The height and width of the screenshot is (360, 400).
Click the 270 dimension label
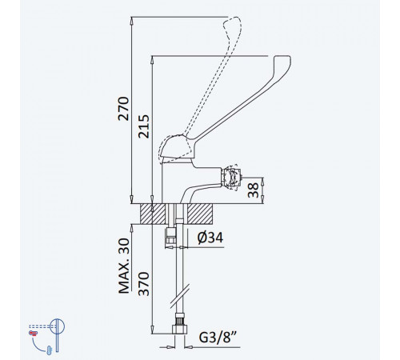point(123,109)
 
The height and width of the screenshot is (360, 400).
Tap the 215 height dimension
point(144,126)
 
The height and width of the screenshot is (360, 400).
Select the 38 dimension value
point(253,190)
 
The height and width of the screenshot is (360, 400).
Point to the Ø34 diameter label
point(210,238)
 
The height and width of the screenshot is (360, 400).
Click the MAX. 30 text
point(124,266)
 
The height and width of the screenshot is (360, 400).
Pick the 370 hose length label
point(144,284)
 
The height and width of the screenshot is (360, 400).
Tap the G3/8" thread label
point(218,338)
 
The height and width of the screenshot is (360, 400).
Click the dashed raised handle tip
point(233,22)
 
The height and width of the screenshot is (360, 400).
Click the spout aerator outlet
point(231,177)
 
